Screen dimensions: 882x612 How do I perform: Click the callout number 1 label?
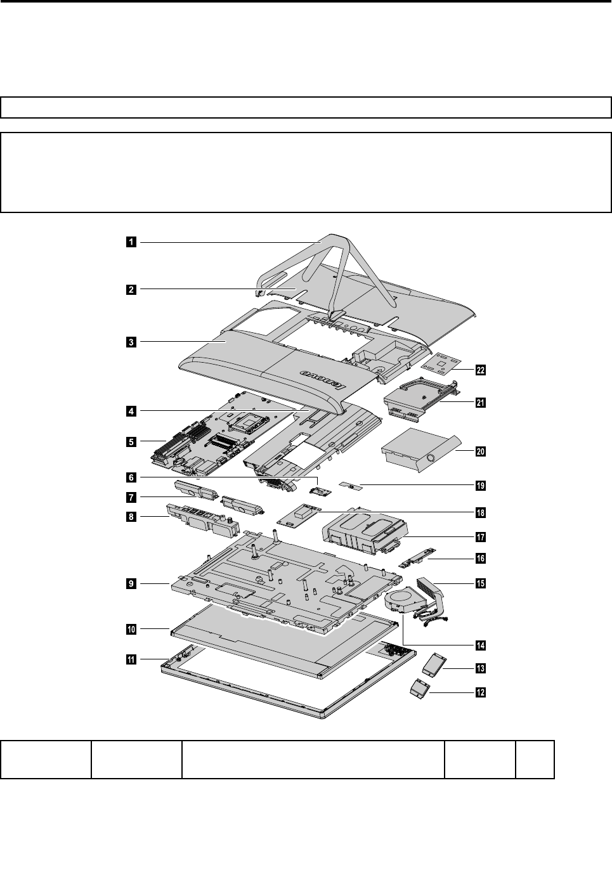pyautogui.click(x=130, y=242)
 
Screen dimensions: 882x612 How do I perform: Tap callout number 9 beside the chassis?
pyautogui.click(x=130, y=583)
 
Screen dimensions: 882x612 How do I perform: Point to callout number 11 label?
pyautogui.click(x=130, y=660)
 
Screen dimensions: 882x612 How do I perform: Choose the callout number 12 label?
pyautogui.click(x=481, y=692)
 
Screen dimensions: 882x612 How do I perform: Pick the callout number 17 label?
pyautogui.click(x=481, y=537)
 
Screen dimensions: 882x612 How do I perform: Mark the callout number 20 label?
pyautogui.click(x=481, y=451)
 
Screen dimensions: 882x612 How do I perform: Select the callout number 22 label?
pyautogui.click(x=481, y=370)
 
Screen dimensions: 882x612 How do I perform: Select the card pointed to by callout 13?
pyautogui.click(x=435, y=663)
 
